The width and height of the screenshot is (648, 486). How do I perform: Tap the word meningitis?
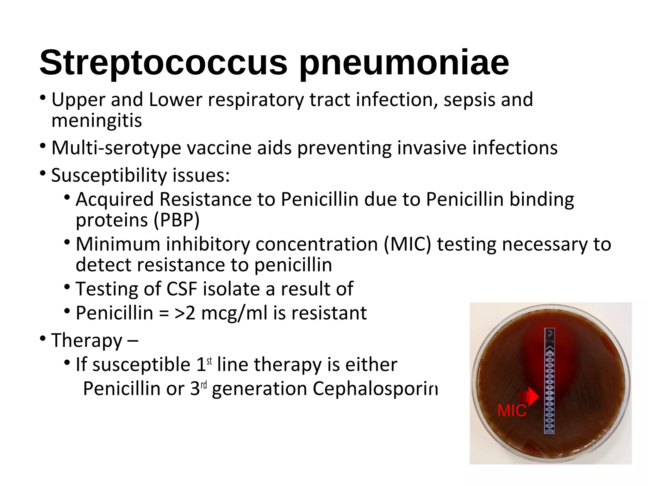coord(97,121)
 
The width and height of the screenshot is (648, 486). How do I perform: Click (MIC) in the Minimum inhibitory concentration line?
coord(408,244)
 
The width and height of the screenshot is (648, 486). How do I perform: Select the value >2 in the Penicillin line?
coord(185,313)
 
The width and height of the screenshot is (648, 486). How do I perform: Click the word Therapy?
coord(87,340)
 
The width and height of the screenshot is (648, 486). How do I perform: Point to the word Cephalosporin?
coord(375,389)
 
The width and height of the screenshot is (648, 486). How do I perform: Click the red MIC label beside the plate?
coord(512,411)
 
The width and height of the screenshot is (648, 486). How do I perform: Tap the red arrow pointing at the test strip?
coord(529,396)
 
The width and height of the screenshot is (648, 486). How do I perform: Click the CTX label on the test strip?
coord(550,342)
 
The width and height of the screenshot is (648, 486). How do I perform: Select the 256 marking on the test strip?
coord(550,355)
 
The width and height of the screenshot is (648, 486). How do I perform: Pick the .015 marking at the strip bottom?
coord(550,431)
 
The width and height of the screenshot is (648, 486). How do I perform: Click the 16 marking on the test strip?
coord(550,377)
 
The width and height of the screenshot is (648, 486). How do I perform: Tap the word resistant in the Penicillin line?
coord(329,313)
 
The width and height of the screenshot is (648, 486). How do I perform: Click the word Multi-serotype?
coord(116,148)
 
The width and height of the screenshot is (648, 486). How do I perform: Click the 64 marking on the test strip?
coord(550,366)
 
